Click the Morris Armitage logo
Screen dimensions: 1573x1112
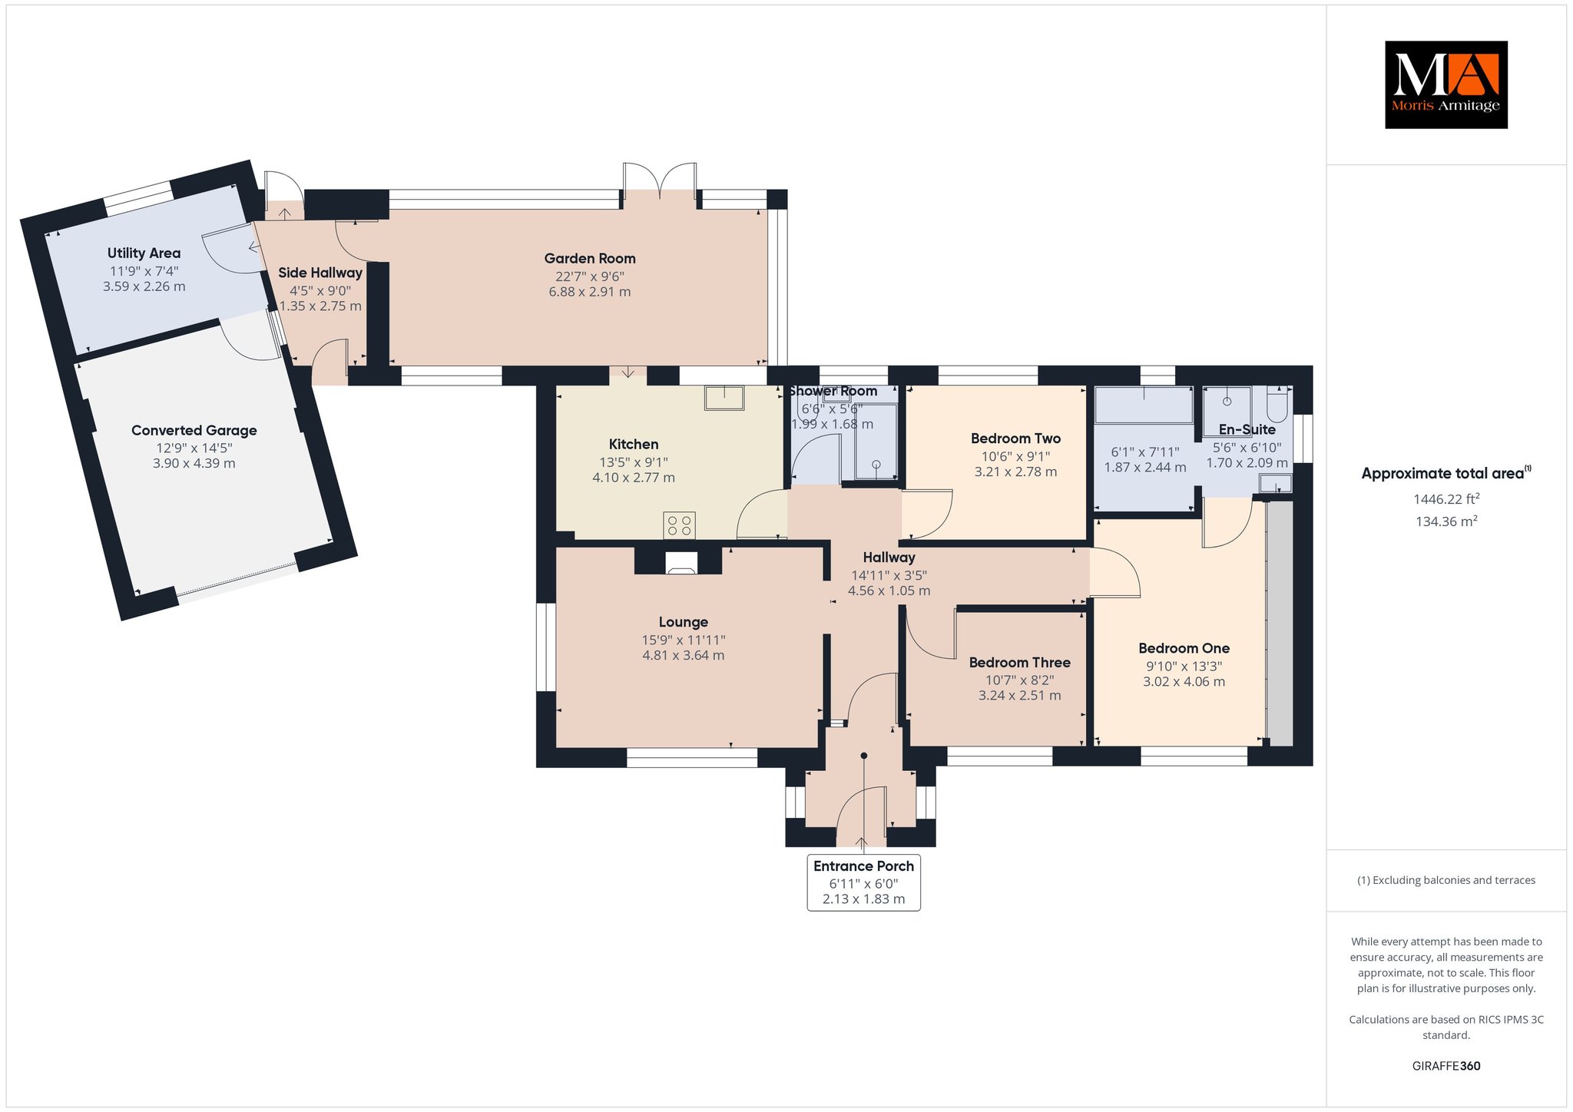click(1446, 84)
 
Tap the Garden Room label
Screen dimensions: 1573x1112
click(590, 259)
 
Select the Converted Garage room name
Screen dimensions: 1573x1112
click(194, 430)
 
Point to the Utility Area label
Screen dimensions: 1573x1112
click(144, 253)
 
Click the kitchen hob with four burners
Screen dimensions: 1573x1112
click(679, 525)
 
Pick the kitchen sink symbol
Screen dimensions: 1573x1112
click(724, 398)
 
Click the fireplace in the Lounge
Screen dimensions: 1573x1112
click(681, 563)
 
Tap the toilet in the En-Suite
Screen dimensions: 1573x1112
click(1277, 402)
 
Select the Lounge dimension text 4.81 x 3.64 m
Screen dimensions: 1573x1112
click(683, 655)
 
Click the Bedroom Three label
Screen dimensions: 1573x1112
click(1019, 663)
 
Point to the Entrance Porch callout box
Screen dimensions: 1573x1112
click(864, 882)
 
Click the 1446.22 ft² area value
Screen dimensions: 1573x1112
click(1446, 499)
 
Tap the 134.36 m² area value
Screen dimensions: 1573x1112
click(1446, 521)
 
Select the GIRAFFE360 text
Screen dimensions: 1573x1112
click(1446, 1066)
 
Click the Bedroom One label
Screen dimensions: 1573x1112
click(1184, 648)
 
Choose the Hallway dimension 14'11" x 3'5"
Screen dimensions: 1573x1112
click(889, 575)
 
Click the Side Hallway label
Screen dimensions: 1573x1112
click(320, 273)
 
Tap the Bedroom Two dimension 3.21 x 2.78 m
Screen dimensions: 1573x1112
click(1015, 472)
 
